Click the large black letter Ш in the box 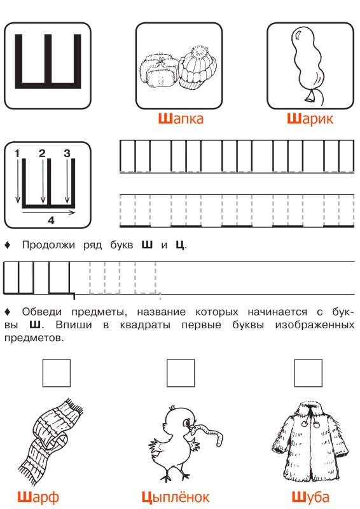[x=48, y=60]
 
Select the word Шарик [x=310, y=118]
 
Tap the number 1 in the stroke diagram [x=18, y=153]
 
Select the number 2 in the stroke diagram [x=42, y=153]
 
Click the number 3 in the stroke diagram [x=66, y=153]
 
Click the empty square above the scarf [x=57, y=373]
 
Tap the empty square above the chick [x=179, y=373]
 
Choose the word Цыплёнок [x=175, y=497]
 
